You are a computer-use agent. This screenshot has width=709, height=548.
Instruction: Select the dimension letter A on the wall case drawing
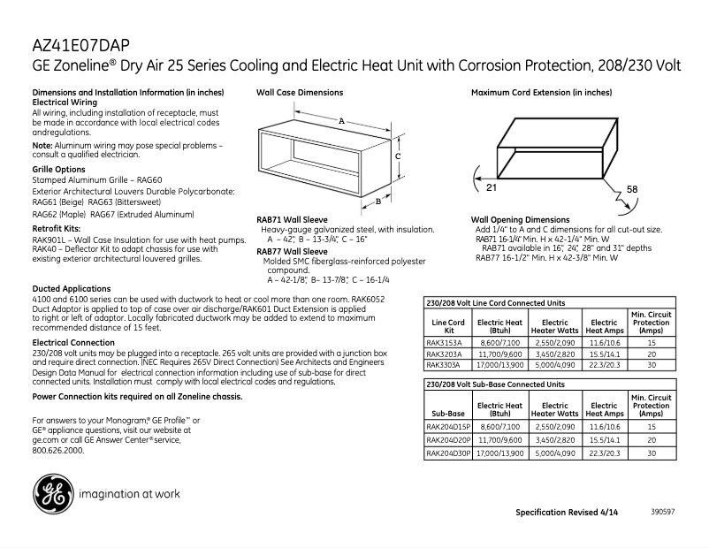click(x=341, y=120)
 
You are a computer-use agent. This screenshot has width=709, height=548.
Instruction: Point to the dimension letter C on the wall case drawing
click(x=399, y=156)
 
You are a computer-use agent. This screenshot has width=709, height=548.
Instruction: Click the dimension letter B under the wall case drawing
click(x=378, y=201)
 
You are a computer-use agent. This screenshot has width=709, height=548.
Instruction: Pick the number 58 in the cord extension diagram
click(x=632, y=189)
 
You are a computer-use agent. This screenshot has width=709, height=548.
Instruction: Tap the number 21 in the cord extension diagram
click(x=492, y=188)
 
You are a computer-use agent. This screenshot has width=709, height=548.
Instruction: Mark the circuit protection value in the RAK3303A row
click(x=651, y=364)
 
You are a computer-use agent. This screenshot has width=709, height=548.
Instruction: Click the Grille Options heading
click(x=58, y=169)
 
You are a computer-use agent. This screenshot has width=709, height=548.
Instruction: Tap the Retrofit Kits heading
click(x=56, y=228)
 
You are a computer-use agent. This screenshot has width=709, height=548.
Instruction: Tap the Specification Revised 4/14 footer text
click(x=567, y=513)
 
